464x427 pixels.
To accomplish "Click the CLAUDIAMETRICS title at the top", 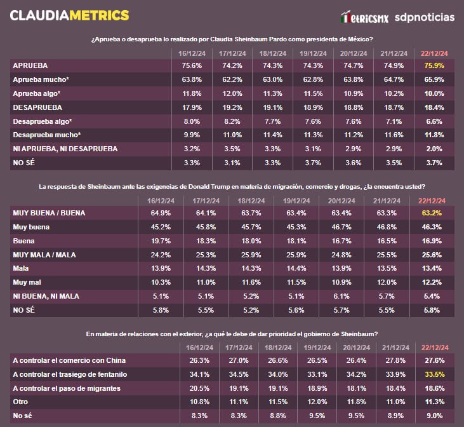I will point(70,15).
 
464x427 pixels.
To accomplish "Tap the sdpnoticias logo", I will point(424,17).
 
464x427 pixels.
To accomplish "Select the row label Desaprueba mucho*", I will point(47,135).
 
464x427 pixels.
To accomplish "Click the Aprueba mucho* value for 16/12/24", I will point(192,79).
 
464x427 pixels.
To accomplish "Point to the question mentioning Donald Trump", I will point(232,187).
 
